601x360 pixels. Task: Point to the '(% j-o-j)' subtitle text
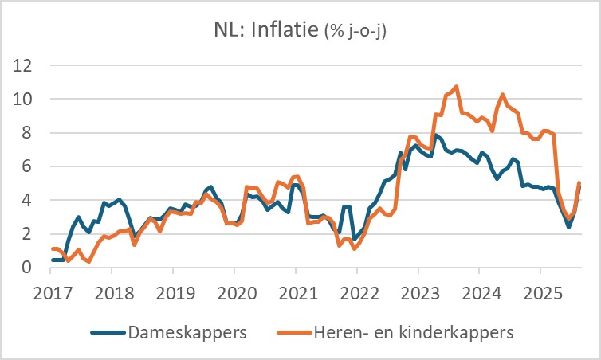pos(360,32)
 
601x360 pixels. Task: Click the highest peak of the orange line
pos(456,87)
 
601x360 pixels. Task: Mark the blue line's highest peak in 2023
pos(436,135)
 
